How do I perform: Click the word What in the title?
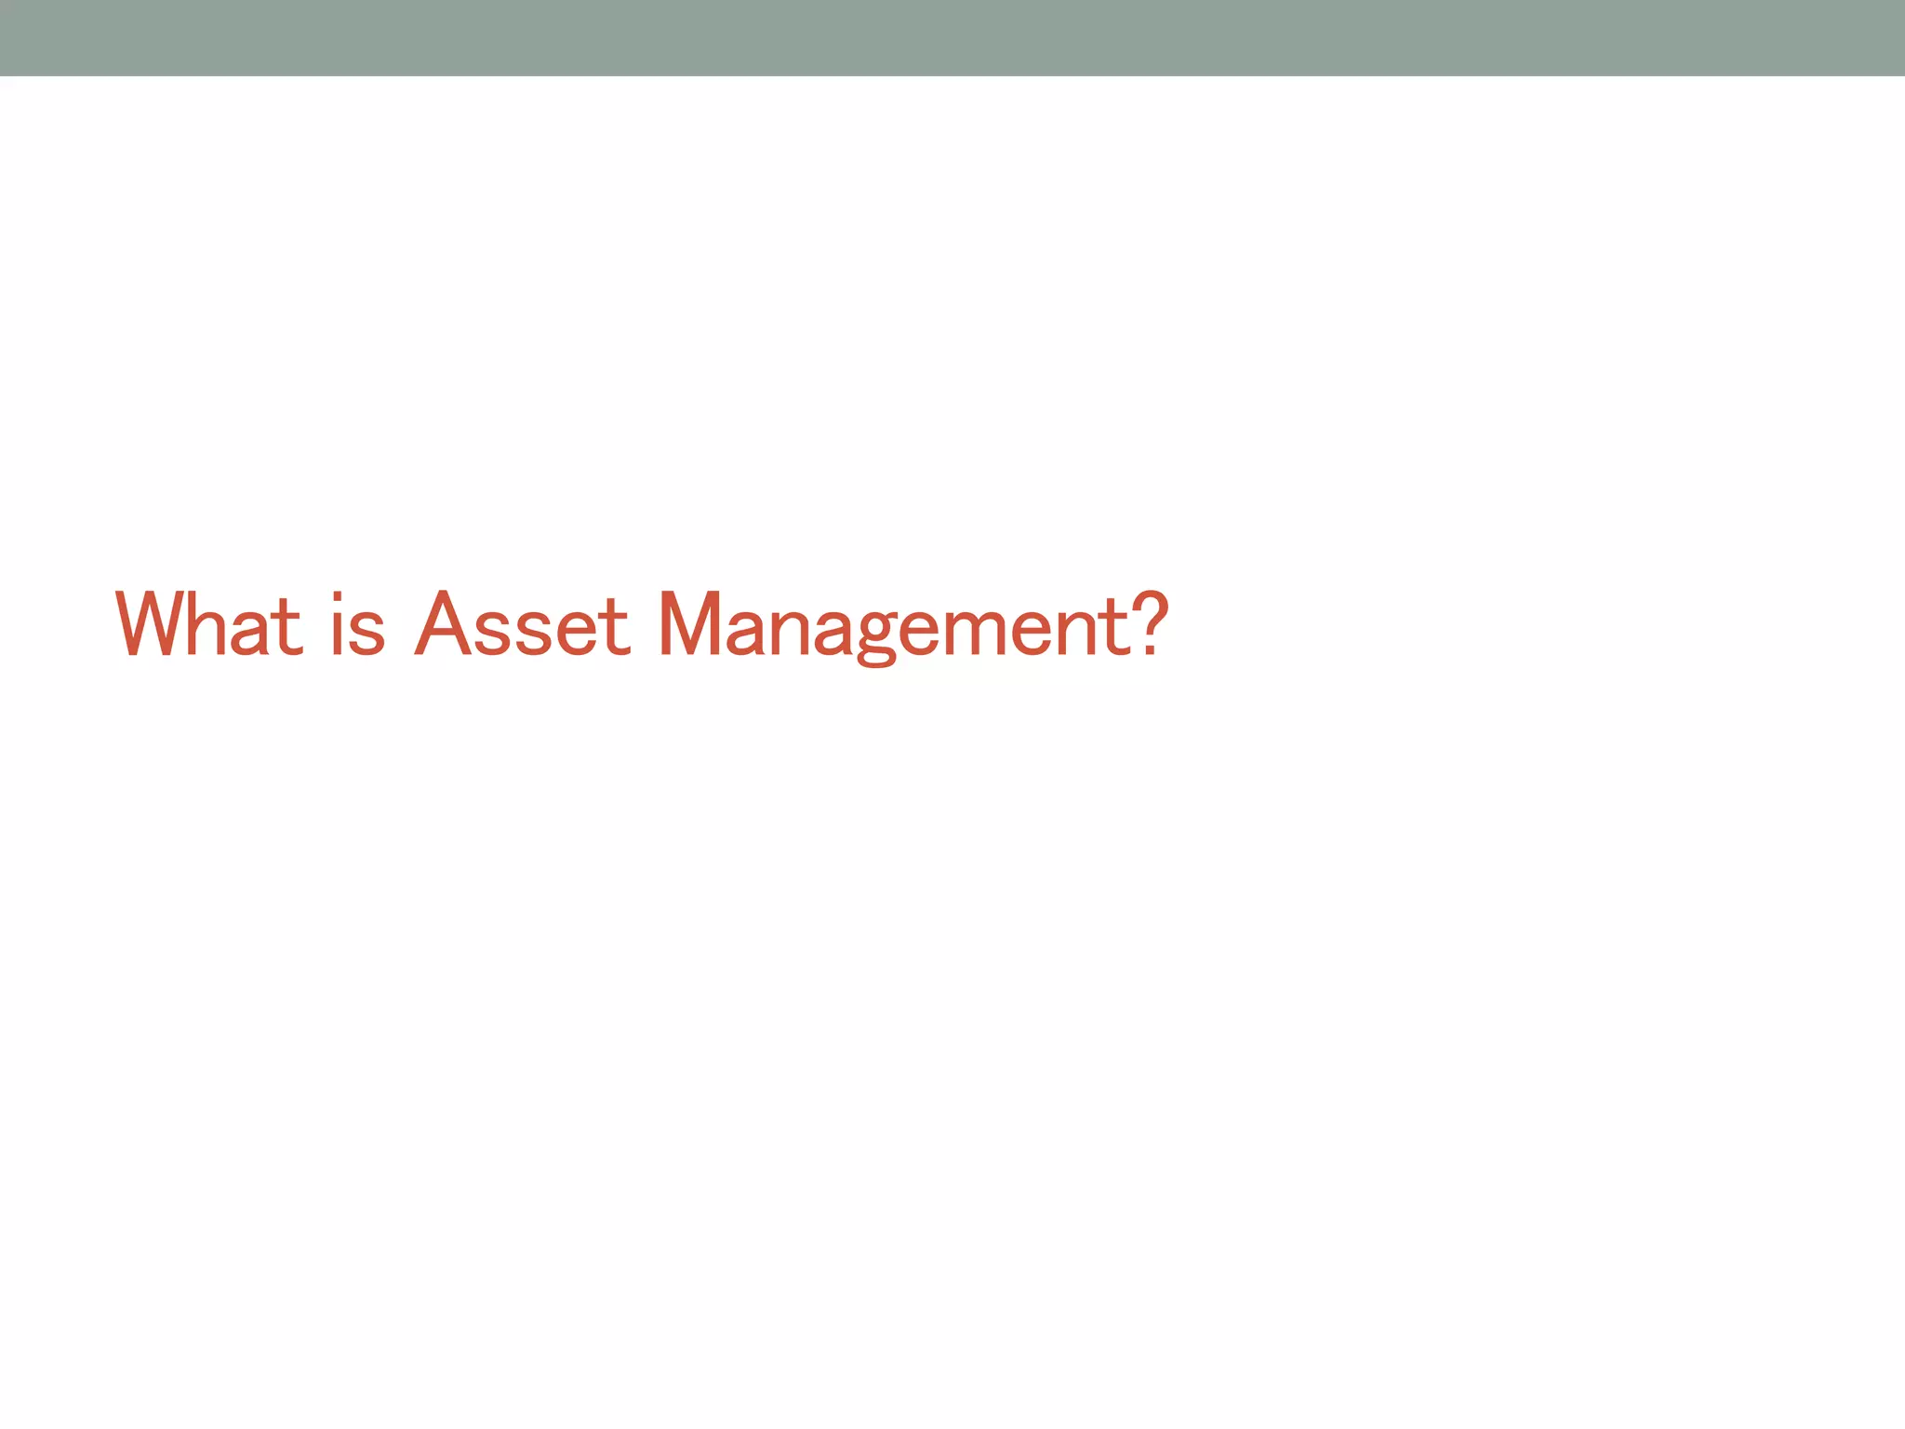pos(209,625)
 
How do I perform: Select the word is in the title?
pos(358,625)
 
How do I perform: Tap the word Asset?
pos(523,625)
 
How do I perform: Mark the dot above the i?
pos(340,598)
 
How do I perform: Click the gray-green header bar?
pos(952,37)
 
